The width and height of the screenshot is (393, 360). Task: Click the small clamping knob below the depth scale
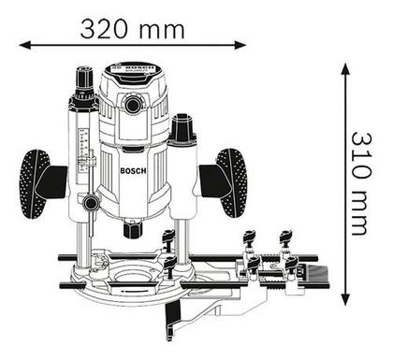[92, 203]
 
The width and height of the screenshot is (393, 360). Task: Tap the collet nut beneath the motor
[133, 229]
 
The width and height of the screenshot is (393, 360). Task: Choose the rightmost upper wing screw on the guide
[286, 238]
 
